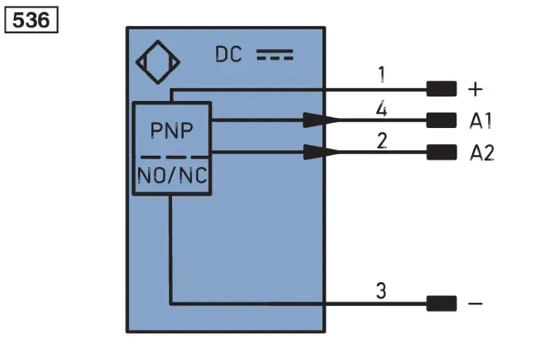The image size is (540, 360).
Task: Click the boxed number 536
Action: pyautogui.click(x=31, y=19)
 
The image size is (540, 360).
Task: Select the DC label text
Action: pyautogui.click(x=228, y=55)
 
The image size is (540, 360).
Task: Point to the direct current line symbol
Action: pyautogui.click(x=275, y=55)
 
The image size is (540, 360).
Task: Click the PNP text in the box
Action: pyautogui.click(x=171, y=130)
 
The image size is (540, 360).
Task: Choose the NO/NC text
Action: pyautogui.click(x=172, y=175)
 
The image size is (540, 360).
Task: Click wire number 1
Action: pyautogui.click(x=382, y=74)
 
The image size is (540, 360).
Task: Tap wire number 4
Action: pyautogui.click(x=381, y=109)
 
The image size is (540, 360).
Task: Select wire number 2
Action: pyautogui.click(x=382, y=141)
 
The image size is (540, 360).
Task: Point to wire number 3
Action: pyautogui.click(x=381, y=291)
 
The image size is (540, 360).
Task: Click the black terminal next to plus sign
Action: pyautogui.click(x=441, y=89)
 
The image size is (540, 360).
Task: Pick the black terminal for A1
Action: pyautogui.click(x=441, y=120)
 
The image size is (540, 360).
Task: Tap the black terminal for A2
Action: pyautogui.click(x=441, y=152)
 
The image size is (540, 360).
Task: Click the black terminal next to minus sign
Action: pyautogui.click(x=441, y=303)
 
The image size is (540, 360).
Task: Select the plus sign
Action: pyautogui.click(x=475, y=89)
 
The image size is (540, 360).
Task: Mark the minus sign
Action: pyautogui.click(x=475, y=303)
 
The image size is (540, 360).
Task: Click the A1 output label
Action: pyautogui.click(x=481, y=121)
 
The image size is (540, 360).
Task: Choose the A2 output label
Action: pyautogui.click(x=482, y=153)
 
